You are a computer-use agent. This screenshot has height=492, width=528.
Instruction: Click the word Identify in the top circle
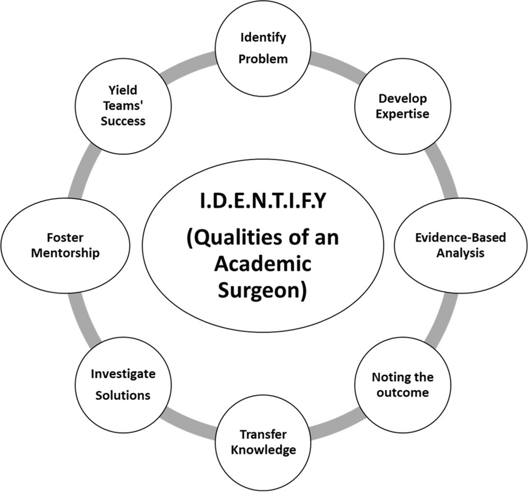pos(263,38)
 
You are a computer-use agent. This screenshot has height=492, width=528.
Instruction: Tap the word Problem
pos(263,59)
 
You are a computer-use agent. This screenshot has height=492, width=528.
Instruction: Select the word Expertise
pos(402,114)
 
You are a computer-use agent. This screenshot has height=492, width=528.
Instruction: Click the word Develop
pos(402,98)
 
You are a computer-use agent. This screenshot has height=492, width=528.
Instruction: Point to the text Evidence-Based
pos(460,237)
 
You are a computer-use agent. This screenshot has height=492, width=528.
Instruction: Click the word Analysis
pos(460,253)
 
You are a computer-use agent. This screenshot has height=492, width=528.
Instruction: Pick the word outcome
pos(402,392)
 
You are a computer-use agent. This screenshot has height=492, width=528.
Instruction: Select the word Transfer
pos(263,434)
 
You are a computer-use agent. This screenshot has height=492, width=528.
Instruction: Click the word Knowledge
pos(263,450)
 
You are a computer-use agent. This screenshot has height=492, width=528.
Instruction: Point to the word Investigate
pos(123,374)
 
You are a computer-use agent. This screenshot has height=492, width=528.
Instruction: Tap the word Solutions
pos(123,395)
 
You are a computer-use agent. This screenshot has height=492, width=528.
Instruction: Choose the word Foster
pos(65,237)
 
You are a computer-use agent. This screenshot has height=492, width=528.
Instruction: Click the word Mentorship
pos(65,253)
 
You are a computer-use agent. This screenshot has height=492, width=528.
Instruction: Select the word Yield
pos(123,90)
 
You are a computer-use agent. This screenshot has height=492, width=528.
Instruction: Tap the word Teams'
pos(123,106)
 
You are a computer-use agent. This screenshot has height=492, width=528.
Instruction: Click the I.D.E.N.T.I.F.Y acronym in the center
pos(263,201)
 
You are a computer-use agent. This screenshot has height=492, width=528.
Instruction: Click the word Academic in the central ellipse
pos(262,264)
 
